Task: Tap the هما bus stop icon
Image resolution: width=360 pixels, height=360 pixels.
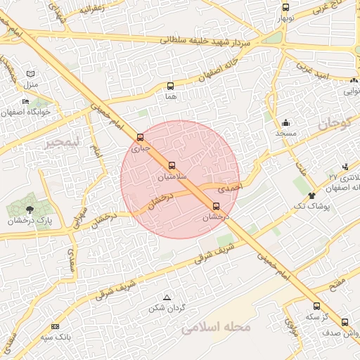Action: tap(170, 86)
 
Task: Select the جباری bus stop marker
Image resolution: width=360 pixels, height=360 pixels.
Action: tap(141, 138)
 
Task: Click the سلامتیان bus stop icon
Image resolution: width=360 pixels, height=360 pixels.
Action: tap(172, 165)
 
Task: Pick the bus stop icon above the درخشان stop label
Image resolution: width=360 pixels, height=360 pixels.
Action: tap(216, 206)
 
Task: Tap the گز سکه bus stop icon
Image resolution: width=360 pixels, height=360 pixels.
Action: tap(316, 306)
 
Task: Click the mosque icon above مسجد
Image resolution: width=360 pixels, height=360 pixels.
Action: tap(286, 122)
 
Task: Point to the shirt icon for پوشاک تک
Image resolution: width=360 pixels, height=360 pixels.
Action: tap(312, 193)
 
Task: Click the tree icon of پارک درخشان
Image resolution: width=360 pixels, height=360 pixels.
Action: tap(29, 209)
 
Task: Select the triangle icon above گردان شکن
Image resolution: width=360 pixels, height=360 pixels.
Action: tap(167, 298)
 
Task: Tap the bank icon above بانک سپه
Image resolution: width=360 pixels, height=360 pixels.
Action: tap(56, 327)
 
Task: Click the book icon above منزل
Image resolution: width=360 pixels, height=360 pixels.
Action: tap(30, 74)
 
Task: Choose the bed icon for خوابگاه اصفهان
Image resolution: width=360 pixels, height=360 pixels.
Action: tap(26, 102)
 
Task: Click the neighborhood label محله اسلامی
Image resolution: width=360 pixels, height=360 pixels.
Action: tap(212, 328)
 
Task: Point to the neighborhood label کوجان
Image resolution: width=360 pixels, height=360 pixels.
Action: tap(333, 124)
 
